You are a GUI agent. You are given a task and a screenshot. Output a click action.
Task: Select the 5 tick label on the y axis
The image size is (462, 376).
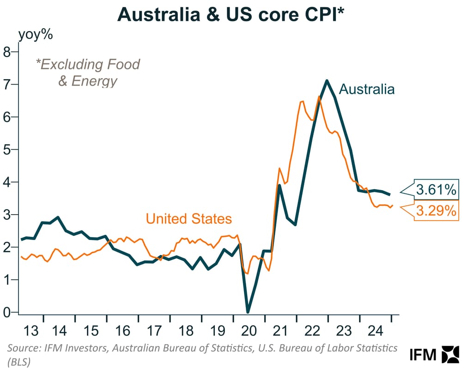7,149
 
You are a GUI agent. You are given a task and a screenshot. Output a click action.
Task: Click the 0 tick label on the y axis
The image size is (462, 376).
7,312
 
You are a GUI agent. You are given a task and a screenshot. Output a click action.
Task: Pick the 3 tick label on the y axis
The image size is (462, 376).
7,215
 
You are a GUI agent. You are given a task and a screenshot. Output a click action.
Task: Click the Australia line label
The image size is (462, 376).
367,89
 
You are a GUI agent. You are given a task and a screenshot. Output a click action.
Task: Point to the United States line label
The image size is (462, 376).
188,218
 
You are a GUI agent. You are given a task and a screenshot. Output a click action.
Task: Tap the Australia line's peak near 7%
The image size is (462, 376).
327,81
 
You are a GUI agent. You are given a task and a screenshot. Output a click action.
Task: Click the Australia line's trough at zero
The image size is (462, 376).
248,311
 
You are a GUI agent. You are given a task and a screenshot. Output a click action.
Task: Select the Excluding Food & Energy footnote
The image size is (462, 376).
88,72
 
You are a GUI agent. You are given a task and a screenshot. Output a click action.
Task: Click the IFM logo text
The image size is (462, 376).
423,355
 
